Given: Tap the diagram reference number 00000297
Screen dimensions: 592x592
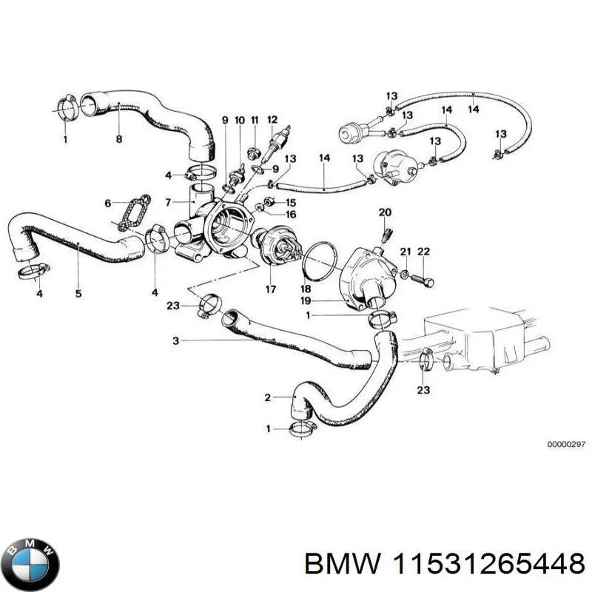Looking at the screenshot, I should tap(566, 444).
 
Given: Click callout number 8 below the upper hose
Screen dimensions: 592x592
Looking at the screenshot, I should tap(118, 138).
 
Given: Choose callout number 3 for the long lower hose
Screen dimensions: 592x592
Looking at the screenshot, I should tap(175, 341).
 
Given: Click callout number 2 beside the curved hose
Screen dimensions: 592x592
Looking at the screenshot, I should tap(269, 398).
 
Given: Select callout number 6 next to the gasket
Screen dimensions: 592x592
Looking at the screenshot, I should tap(108, 202).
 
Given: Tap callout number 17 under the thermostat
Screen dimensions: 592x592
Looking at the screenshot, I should tap(271, 289).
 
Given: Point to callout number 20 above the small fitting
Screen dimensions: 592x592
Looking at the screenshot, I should tap(384, 212).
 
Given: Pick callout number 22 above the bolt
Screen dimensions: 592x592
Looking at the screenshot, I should tap(423, 252).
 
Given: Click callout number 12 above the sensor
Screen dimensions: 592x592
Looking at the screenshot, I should tap(272, 119).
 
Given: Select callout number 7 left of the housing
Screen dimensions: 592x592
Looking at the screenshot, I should tap(169, 202).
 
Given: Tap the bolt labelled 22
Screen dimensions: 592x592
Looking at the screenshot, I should tap(426, 280).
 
